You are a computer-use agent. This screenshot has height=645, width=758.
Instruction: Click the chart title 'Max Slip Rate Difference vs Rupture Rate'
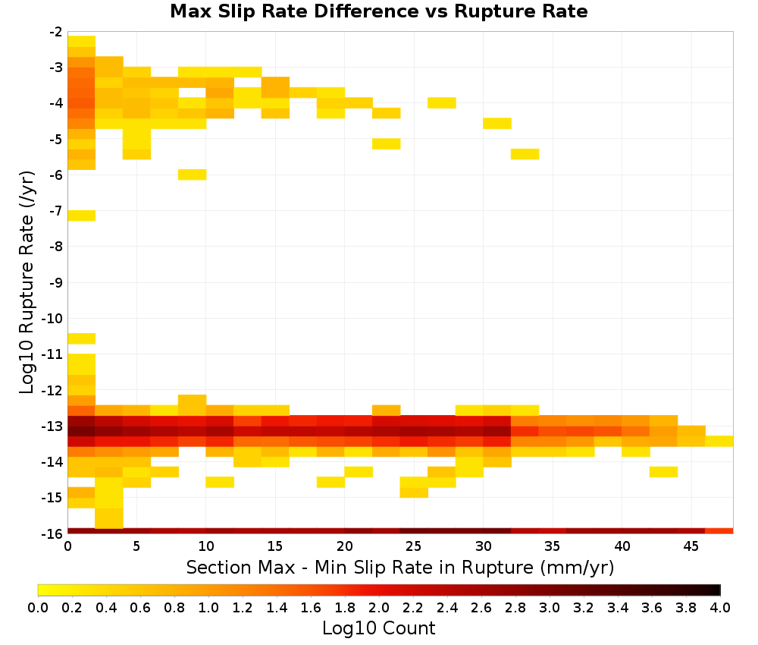[379, 11]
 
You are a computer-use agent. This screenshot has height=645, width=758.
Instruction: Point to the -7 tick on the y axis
[56, 210]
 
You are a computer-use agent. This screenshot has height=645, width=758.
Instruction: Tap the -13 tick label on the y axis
[53, 426]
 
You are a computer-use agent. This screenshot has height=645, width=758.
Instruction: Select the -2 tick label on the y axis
[56, 32]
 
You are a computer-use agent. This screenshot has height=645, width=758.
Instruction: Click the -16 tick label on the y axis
[53, 533]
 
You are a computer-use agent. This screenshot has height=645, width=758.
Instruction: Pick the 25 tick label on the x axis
[414, 546]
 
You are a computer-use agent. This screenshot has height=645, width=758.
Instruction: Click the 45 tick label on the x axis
[691, 546]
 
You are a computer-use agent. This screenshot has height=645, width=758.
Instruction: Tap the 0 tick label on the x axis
[67, 546]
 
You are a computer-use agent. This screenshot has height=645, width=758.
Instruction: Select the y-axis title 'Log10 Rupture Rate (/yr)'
[27, 282]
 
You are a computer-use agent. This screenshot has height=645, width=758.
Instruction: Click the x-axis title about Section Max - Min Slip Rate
[400, 567]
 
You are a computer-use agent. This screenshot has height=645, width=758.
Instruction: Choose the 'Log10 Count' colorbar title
[379, 628]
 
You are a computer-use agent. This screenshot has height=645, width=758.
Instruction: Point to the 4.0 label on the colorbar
[720, 607]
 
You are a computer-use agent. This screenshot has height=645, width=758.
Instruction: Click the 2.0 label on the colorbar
[379, 607]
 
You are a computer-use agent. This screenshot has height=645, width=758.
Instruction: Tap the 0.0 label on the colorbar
[38, 607]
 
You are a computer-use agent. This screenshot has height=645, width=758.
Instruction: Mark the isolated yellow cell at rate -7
[82, 216]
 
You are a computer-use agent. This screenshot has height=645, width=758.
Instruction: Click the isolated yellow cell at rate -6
[193, 175]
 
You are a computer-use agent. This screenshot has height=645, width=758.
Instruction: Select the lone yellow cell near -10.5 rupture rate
[82, 338]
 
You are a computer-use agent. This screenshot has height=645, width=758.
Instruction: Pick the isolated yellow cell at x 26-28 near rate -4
[442, 102]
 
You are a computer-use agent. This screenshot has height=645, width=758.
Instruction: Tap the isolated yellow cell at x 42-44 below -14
[663, 472]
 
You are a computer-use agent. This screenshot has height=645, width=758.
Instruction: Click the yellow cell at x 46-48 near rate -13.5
[719, 441]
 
